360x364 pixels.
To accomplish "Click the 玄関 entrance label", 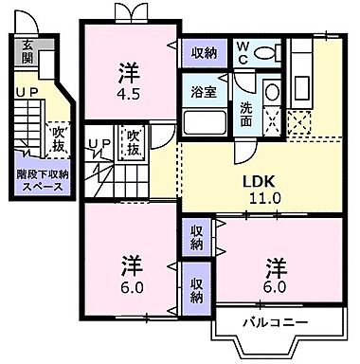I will (x=27, y=48).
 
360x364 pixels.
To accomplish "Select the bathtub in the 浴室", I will (x=202, y=121).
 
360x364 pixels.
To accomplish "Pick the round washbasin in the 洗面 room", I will (x=271, y=92).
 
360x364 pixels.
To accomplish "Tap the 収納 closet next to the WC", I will (x=202, y=53).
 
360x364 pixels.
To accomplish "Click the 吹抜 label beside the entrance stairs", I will (x=58, y=138).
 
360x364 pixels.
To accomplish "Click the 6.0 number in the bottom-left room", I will (x=130, y=282).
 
